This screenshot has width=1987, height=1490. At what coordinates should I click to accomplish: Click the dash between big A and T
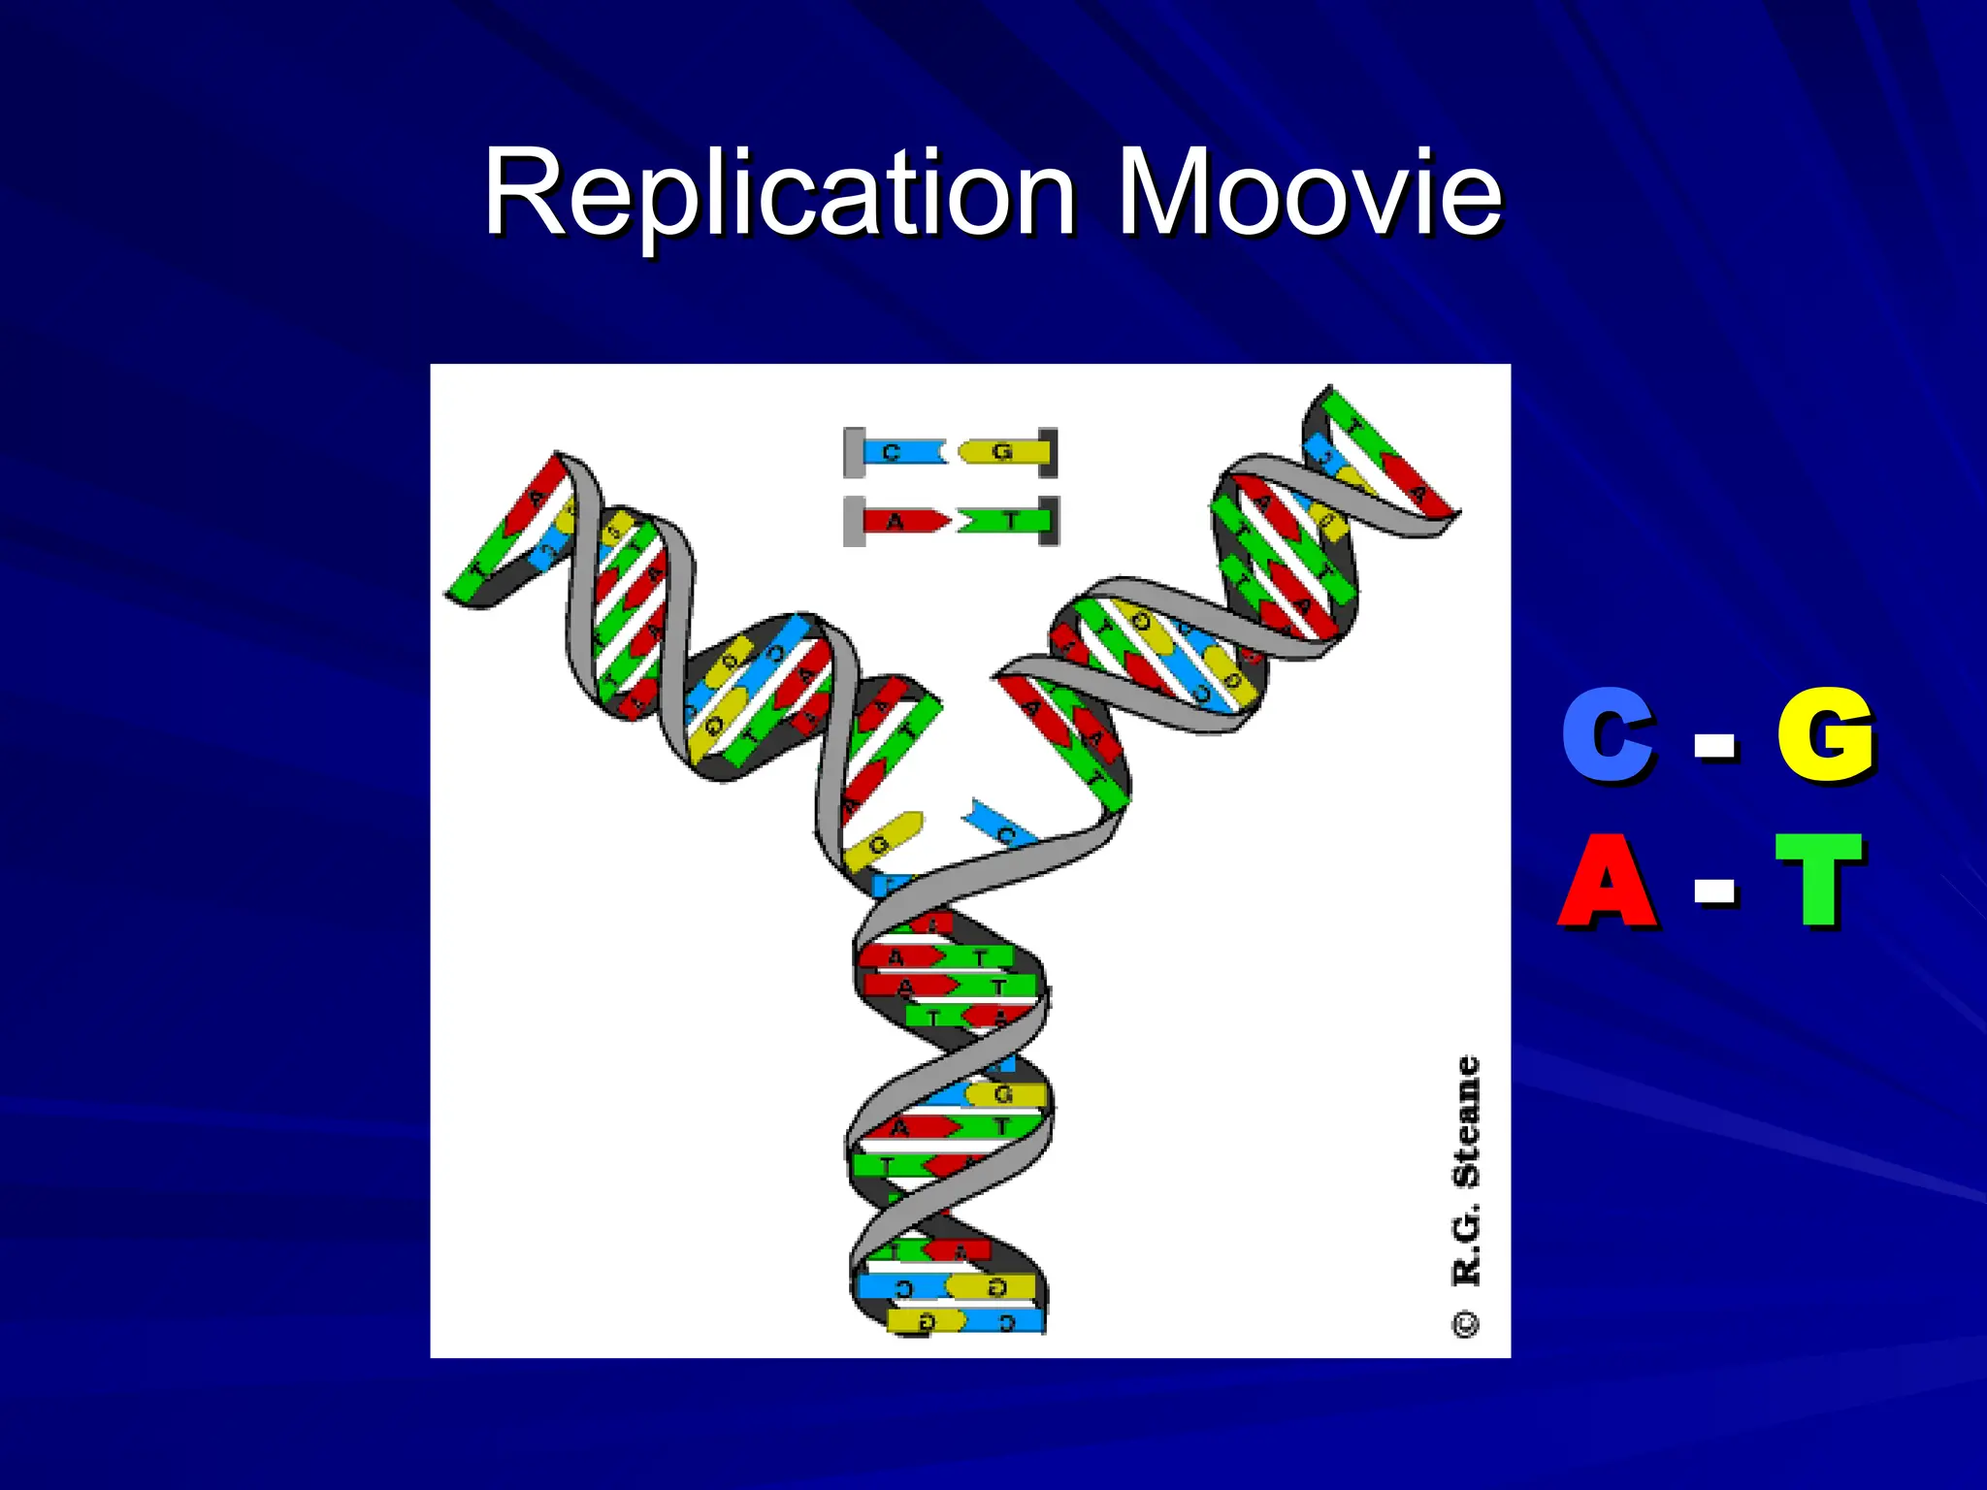click(1715, 889)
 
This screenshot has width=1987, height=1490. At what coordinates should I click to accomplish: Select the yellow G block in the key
click(1004, 452)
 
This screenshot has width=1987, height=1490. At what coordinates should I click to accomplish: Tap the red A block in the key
click(902, 522)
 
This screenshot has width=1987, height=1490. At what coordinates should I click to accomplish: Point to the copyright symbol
click(1466, 1324)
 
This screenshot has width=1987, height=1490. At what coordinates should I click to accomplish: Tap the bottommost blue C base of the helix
click(1009, 1321)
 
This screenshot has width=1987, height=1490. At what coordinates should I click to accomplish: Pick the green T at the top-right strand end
click(1353, 427)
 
